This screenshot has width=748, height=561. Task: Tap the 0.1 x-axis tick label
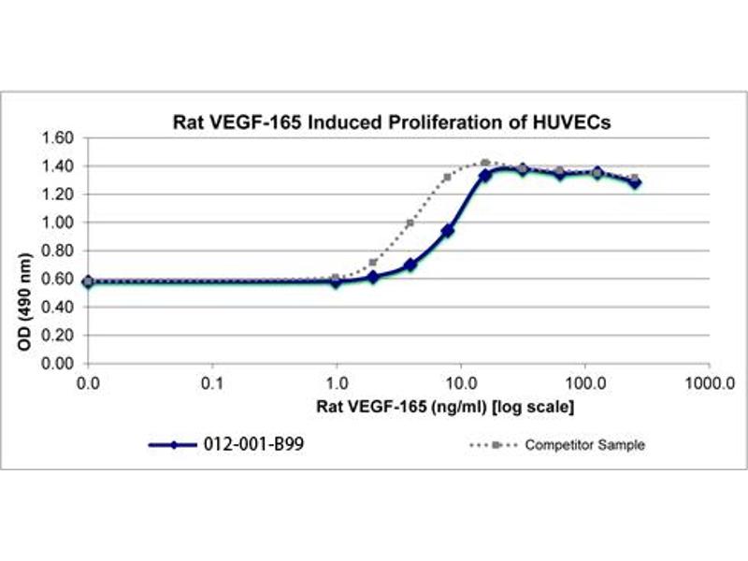point(213,383)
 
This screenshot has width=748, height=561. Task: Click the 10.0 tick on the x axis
point(461,383)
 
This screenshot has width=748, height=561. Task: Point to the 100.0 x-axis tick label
point(584,383)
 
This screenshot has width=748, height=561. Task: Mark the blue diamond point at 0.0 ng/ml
point(88,281)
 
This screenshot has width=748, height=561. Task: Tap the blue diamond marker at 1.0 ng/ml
point(337,281)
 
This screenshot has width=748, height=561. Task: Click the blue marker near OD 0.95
point(448,230)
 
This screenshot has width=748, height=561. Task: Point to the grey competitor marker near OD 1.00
point(410,223)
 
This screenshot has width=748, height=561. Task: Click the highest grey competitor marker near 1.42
point(485,164)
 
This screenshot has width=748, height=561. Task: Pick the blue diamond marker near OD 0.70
point(410,265)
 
